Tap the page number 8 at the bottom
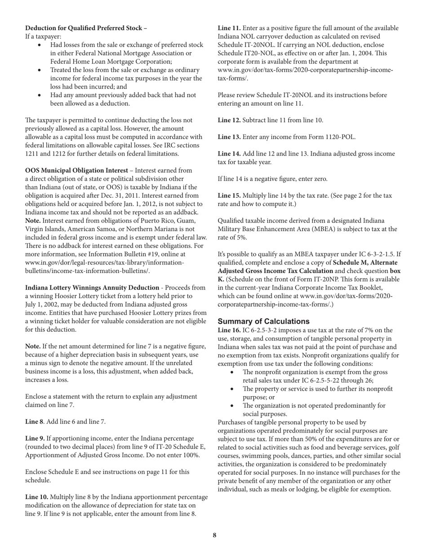coord(214,535)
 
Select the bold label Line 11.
coord(229,28)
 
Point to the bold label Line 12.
coord(229,120)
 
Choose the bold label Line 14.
coord(229,154)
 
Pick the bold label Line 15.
coord(229,196)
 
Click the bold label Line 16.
coord(229,330)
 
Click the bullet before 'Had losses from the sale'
coord(41,45)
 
